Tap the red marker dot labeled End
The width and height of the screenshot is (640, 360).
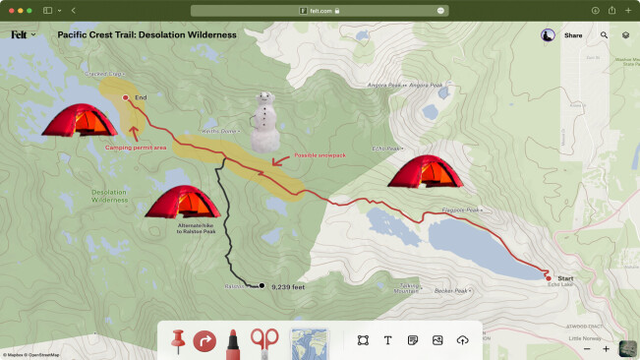pos(125,97)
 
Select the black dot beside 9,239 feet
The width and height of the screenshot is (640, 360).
pos(262,286)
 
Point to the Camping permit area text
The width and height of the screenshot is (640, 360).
pos(136,148)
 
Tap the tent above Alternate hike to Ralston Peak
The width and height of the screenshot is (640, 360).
pos(182,203)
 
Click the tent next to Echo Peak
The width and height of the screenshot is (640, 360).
pos(425,171)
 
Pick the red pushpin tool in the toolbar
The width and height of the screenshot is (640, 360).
pos(178,340)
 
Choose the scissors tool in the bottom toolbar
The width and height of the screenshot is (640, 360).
pos(263,340)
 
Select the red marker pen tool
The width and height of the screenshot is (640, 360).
pos(234,340)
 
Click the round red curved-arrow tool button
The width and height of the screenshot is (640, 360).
pos(205,341)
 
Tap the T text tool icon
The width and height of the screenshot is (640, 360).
pos(387,340)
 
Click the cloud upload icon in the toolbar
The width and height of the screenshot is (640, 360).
pos(463,340)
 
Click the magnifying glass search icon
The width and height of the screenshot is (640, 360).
pos(604,35)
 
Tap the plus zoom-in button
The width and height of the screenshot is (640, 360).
pos(606,348)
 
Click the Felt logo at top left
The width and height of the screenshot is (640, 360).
pos(19,34)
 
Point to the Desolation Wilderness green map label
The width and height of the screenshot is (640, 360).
pos(109,196)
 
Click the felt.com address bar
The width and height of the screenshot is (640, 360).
pos(319,10)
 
